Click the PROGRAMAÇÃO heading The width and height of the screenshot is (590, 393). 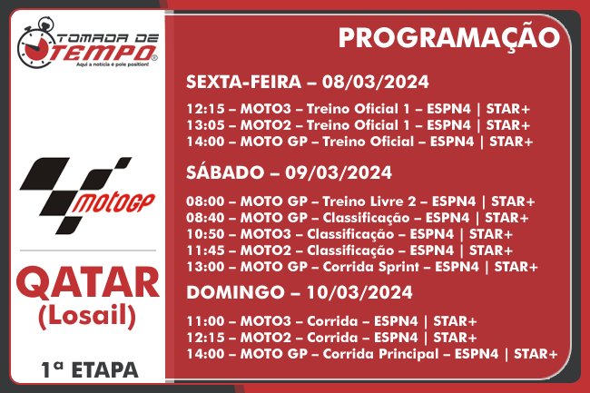click(x=449, y=38)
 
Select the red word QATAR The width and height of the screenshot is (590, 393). click(x=87, y=283)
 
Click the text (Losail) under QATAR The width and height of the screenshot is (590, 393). click(x=87, y=316)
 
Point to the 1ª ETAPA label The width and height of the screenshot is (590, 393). click(x=90, y=370)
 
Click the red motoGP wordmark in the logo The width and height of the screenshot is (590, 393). click(x=113, y=203)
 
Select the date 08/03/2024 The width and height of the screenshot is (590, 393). click(x=375, y=82)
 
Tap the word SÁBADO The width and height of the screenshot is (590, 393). click(x=225, y=172)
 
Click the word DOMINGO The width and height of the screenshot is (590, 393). click(x=236, y=292)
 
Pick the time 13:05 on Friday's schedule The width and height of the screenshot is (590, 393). click(x=205, y=125)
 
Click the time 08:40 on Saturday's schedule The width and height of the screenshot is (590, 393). click(x=205, y=218)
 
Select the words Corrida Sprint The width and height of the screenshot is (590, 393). click(x=370, y=267)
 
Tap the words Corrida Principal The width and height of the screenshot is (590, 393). click(x=380, y=354)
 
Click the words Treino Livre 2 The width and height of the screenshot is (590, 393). click(x=369, y=201)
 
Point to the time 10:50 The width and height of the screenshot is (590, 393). click(x=205, y=234)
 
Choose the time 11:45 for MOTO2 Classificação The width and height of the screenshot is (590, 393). click(x=205, y=251)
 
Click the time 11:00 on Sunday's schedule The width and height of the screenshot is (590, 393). click(x=205, y=321)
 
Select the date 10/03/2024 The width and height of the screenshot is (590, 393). click(x=359, y=292)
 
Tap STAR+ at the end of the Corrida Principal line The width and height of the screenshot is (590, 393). click(x=536, y=354)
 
